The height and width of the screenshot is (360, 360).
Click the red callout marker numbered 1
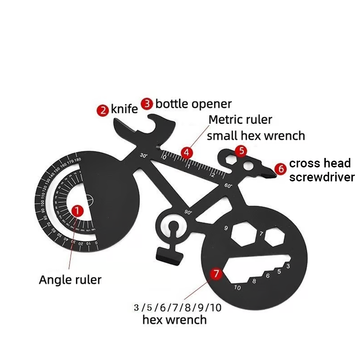78,210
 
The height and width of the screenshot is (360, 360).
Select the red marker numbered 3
147,103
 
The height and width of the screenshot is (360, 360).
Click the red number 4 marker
186,152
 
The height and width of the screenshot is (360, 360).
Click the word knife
125,109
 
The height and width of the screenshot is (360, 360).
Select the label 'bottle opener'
193,104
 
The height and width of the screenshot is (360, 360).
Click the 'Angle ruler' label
70,279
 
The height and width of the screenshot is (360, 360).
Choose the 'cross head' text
319,163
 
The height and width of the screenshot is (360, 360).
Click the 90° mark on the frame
188,211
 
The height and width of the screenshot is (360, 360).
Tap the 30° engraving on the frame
144,156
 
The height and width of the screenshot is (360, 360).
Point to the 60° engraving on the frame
227,185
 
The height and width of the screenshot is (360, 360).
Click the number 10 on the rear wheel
237,288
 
